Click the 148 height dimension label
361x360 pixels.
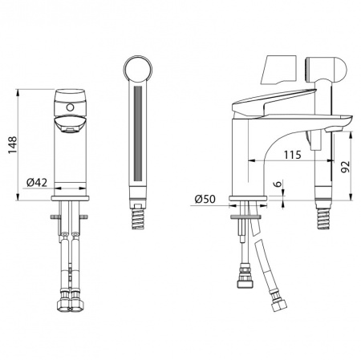click(x=13, y=145)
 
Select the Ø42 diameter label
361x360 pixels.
click(x=37, y=183)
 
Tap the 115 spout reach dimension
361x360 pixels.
click(x=292, y=155)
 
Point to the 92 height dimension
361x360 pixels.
click(x=345, y=167)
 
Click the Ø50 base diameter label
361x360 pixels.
click(x=205, y=199)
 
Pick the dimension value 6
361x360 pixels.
click(x=278, y=184)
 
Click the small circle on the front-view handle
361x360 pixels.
click(x=70, y=107)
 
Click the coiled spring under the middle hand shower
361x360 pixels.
click(x=139, y=217)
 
